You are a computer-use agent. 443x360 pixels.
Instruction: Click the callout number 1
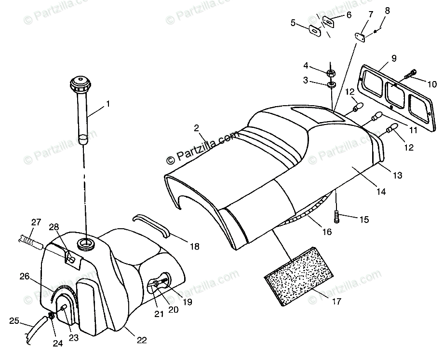(108, 103)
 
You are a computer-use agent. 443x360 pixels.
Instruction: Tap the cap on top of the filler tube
(81, 86)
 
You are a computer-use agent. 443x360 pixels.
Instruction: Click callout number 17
(336, 302)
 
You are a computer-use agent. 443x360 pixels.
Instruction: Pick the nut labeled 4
(331, 73)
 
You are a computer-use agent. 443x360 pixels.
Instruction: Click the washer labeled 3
(331, 85)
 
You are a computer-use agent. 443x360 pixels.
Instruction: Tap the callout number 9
(394, 58)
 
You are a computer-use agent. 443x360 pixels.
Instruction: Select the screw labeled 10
(411, 74)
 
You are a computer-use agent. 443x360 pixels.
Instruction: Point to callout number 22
(141, 340)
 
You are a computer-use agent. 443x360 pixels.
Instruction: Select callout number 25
(14, 320)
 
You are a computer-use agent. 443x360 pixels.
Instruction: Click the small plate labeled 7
(360, 36)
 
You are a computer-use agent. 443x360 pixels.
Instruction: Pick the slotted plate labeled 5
(314, 29)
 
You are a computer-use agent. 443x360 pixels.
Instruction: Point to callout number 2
(196, 128)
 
